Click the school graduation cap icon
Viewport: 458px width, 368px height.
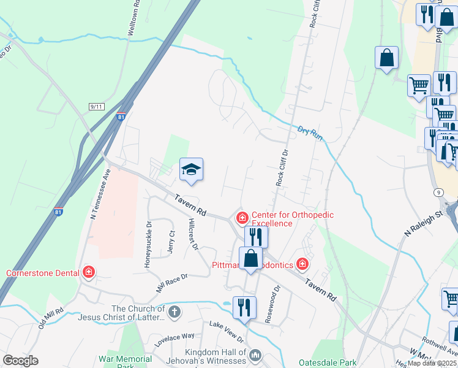[x=191, y=170]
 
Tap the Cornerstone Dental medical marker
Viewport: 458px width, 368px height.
[x=89, y=272]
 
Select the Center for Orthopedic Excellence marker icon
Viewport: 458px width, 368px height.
[x=242, y=218]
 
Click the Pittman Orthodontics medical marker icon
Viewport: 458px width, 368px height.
[x=302, y=264]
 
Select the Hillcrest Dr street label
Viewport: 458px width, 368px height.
[x=194, y=234]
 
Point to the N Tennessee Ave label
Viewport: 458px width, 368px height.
[x=102, y=194]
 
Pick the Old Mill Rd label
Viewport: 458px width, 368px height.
[x=50, y=319]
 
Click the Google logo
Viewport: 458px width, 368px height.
[x=20, y=361]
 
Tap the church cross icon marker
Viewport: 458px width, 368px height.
[x=174, y=312]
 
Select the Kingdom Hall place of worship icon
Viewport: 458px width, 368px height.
[x=256, y=355]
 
